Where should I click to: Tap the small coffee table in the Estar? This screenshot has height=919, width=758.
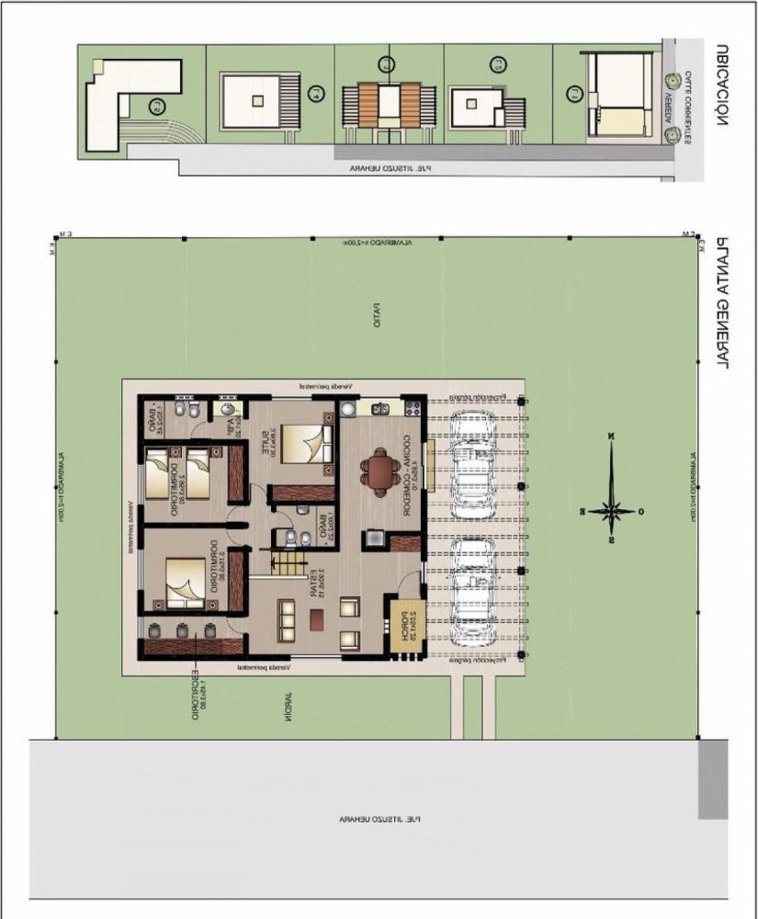pyautogui.click(x=315, y=621)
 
